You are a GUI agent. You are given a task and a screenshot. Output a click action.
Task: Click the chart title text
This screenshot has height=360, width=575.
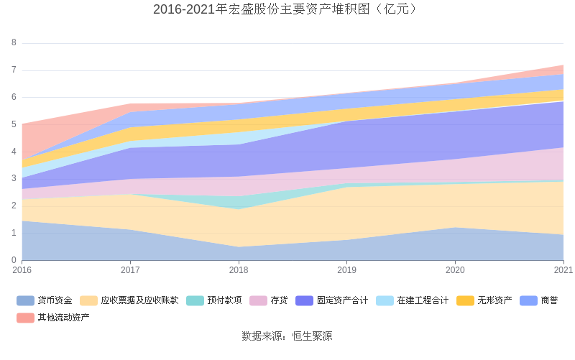(287, 9)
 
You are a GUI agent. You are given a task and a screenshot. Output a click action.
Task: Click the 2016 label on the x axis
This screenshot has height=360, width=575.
(22, 270)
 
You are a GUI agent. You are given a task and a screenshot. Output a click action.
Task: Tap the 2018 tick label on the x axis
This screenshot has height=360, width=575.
(239, 270)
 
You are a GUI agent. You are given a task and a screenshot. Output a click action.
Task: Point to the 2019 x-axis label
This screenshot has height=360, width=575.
(347, 270)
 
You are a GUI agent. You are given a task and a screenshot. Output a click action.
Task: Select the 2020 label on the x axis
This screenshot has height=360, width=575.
(455, 270)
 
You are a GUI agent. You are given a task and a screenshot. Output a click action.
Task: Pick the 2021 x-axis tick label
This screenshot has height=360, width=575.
(563, 270)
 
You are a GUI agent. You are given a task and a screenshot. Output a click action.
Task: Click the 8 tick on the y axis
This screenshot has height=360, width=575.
(14, 42)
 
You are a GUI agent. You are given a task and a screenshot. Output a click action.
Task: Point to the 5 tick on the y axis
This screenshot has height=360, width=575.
(14, 124)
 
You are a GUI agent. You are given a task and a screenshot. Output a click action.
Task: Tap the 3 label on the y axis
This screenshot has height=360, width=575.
(14, 178)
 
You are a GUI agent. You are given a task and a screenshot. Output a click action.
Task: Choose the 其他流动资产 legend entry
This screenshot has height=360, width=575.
(64, 317)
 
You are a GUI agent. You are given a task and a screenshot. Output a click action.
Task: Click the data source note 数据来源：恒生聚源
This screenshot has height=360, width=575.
(287, 336)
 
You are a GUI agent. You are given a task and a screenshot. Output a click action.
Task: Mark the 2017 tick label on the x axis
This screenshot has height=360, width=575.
(130, 270)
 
